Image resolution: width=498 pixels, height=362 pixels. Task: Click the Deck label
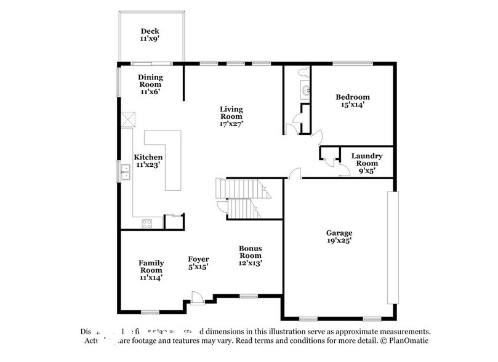pyautogui.click(x=150, y=35)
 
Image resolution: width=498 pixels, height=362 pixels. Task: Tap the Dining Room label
pyautogui.click(x=150, y=84)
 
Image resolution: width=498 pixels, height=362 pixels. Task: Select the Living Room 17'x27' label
pyautogui.click(x=231, y=116)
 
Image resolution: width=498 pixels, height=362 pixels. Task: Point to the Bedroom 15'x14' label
pyautogui.click(x=352, y=100)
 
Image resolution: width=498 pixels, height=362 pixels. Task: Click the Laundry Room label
pyautogui.click(x=367, y=160)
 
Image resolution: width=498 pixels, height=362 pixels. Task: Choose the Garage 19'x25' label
pyautogui.click(x=339, y=237)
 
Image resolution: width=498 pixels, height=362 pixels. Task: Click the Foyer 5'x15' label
pyautogui.click(x=198, y=263)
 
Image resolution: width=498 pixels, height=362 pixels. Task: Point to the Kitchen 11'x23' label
pyautogui.click(x=148, y=161)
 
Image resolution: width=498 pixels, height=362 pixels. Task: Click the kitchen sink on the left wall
pyautogui.click(x=126, y=175)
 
